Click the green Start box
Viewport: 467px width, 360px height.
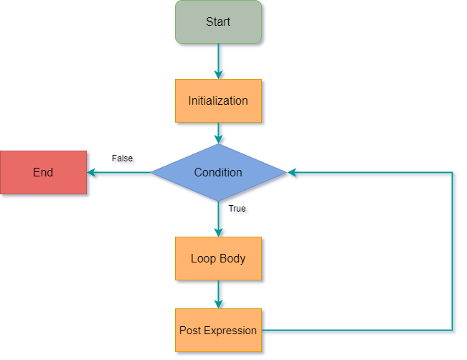(218, 22)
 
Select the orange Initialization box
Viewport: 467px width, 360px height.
(218, 100)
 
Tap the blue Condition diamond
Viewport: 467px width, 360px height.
(218, 172)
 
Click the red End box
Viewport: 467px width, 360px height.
(43, 173)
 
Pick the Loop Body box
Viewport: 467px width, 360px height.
(218, 258)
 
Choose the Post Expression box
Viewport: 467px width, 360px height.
(218, 331)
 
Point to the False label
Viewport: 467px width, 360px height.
(123, 158)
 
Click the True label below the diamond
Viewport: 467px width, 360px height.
(237, 209)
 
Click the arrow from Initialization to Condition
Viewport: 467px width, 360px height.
(218, 133)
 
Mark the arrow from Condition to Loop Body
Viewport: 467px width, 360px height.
(218, 219)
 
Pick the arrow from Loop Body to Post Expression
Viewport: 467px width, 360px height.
(218, 294)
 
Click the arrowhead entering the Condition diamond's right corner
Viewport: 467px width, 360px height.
(292, 173)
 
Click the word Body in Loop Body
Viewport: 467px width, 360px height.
(232, 258)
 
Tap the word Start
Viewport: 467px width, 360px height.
(218, 22)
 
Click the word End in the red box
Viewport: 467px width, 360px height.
(43, 173)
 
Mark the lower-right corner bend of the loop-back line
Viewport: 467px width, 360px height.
(453, 331)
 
